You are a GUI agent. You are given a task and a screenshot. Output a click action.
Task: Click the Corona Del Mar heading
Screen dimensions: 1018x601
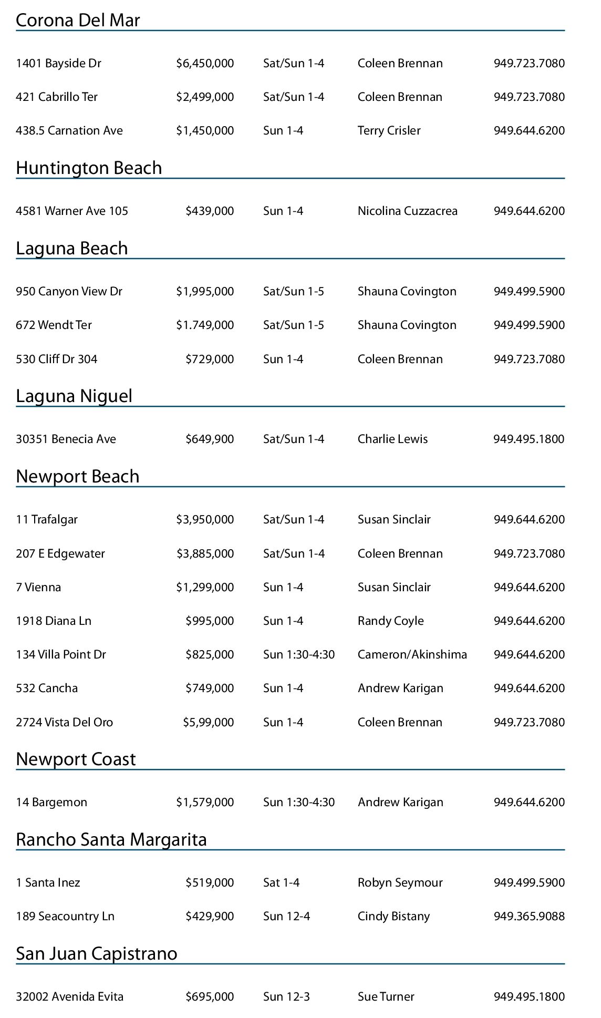[78, 20]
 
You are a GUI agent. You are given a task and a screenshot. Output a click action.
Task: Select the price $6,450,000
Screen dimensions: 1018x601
[205, 64]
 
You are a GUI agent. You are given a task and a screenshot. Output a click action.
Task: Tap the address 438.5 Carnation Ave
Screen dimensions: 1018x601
[69, 131]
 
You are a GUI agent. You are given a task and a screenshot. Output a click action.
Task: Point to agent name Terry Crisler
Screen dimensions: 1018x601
[389, 131]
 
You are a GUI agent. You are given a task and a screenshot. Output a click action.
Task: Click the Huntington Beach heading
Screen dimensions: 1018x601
[89, 168]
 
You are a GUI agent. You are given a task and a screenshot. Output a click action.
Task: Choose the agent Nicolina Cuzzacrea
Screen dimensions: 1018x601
[407, 211]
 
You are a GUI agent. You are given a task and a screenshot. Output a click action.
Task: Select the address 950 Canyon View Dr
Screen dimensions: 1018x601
[69, 292]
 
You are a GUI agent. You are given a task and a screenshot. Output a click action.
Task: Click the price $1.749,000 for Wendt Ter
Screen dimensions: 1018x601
[205, 325]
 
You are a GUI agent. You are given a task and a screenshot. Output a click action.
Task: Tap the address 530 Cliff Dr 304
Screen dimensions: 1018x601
[57, 359]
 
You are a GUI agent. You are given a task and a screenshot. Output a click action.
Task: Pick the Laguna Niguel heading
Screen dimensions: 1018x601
[74, 396]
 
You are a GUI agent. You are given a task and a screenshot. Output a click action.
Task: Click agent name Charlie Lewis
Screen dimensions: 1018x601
[392, 439]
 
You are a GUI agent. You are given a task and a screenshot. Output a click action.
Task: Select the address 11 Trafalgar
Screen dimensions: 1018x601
[47, 520]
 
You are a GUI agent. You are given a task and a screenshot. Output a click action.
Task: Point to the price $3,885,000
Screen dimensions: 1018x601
[205, 554]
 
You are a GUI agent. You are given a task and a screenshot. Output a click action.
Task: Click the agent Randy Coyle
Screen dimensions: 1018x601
[390, 621]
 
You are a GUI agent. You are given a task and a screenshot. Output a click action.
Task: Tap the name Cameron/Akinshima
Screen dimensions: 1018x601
[412, 655]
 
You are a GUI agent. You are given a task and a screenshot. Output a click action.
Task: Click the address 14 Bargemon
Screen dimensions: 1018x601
[51, 803]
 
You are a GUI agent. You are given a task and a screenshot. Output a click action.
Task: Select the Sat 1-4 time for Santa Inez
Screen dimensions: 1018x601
[281, 883]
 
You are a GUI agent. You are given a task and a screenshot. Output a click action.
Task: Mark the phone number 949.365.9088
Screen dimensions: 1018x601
[529, 917]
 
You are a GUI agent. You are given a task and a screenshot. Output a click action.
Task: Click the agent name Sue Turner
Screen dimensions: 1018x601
[386, 997]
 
